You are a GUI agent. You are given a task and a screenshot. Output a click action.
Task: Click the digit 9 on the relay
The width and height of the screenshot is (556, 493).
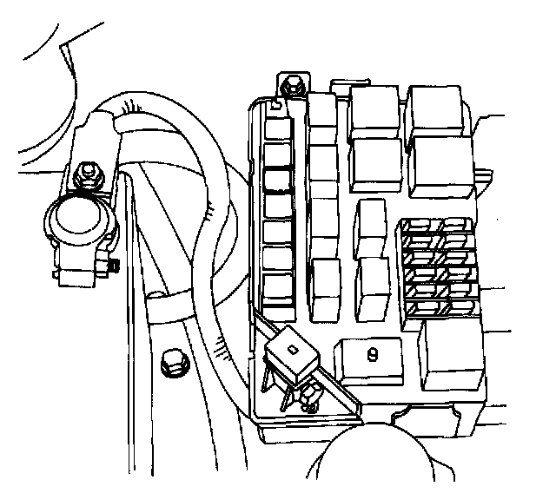pyautogui.click(x=372, y=353)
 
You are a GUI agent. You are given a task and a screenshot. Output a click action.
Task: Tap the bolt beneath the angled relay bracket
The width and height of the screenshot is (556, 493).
pyautogui.click(x=309, y=401)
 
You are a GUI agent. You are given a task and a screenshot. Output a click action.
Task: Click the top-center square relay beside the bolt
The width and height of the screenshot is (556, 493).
pyautogui.click(x=374, y=110)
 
